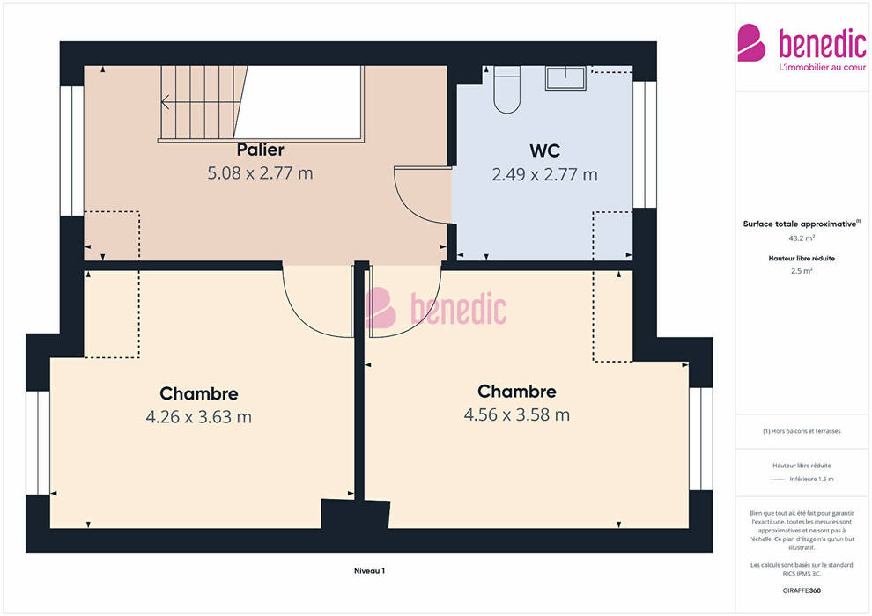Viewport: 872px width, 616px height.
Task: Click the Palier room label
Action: pos(260,150)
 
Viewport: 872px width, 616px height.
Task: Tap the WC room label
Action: pos(544,150)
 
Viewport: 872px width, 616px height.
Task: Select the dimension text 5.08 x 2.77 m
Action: pos(260,173)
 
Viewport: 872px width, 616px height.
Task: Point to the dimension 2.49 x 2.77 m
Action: pos(544,175)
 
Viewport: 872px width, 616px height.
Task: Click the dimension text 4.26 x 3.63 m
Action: pos(198,416)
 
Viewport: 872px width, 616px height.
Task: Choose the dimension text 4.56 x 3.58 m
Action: pos(517,414)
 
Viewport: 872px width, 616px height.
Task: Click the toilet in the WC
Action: pos(506,90)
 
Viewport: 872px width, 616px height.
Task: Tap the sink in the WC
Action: pos(565,77)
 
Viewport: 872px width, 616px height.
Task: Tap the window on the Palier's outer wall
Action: pos(71,150)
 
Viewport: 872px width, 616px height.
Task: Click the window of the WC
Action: pos(645,145)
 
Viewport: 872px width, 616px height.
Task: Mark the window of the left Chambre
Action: pos(38,443)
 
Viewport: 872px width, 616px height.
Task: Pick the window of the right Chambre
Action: pos(701,439)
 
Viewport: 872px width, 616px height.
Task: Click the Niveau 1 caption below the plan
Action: pos(369,570)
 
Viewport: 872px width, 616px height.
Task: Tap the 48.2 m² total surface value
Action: pos(802,238)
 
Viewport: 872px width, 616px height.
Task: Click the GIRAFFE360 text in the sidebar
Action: pos(802,590)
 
